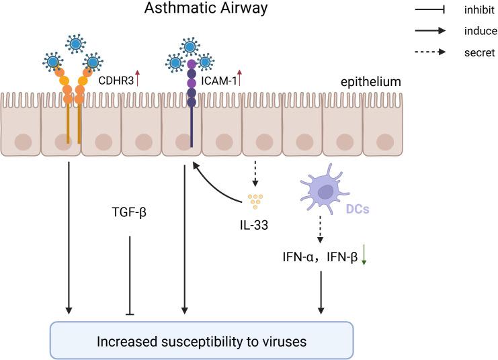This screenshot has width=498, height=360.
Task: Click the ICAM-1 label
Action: [x=217, y=81]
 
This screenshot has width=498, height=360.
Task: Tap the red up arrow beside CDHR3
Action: [x=138, y=79]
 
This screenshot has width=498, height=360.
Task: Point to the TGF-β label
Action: [x=129, y=213]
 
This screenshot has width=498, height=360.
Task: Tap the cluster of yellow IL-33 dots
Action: [x=254, y=200]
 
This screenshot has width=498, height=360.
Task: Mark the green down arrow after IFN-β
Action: [x=364, y=255]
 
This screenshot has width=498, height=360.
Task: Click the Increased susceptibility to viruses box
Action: [x=202, y=341]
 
